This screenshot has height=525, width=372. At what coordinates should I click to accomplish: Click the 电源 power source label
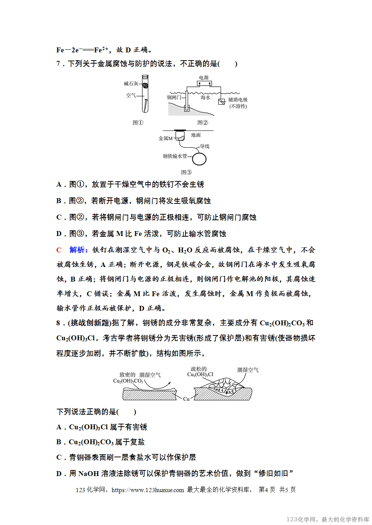(x=204, y=78)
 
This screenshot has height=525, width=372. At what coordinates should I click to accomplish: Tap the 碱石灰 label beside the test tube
(x=131, y=84)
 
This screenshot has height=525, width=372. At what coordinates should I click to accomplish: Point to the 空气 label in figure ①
(x=131, y=95)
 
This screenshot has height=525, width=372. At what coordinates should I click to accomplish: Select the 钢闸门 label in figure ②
(x=174, y=97)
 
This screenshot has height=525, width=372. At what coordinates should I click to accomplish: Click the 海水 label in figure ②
(x=205, y=97)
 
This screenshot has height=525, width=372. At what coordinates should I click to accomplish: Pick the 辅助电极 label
(x=238, y=100)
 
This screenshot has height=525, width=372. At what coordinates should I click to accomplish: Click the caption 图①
(x=138, y=123)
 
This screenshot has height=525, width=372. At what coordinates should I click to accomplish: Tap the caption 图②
(x=203, y=123)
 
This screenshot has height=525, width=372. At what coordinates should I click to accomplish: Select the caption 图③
(x=186, y=172)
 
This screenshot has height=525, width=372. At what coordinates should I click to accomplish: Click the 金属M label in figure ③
(x=166, y=138)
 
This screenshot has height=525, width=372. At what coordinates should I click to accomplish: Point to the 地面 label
(x=196, y=135)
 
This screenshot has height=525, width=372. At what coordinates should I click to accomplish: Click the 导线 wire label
(x=205, y=146)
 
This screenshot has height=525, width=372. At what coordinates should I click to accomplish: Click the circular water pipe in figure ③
(x=199, y=159)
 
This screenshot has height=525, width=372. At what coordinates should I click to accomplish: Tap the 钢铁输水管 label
(x=175, y=156)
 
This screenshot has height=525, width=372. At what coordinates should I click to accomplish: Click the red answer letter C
(x=59, y=250)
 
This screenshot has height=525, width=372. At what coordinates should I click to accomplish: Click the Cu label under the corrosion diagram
(x=186, y=399)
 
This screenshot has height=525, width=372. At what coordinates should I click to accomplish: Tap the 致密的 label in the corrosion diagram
(x=127, y=375)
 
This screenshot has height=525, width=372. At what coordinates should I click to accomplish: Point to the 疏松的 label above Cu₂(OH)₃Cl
(x=199, y=369)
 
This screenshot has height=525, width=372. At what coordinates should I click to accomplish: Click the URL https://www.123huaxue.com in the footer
(x=148, y=490)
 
